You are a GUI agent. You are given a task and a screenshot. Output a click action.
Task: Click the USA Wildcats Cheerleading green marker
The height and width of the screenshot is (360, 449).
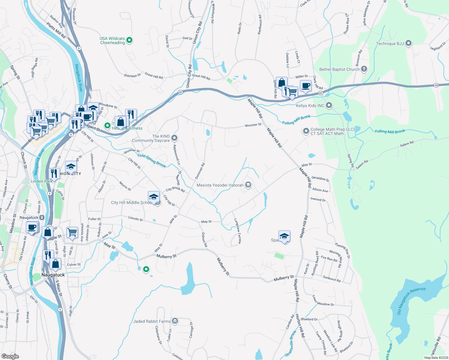(129, 40)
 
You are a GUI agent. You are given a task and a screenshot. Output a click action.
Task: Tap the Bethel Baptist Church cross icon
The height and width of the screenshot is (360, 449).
(364, 69)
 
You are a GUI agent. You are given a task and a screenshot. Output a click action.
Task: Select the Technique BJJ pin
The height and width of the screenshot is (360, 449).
(408, 43)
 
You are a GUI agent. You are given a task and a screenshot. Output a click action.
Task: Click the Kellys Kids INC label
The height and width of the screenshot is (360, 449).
(310, 106)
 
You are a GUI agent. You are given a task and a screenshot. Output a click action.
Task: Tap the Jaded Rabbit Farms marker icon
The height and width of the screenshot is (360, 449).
(175, 321)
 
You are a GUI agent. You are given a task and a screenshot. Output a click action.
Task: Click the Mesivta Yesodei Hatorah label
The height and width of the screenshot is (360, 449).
(220, 185)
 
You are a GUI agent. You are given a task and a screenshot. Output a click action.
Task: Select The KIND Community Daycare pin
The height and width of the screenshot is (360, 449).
(174, 138)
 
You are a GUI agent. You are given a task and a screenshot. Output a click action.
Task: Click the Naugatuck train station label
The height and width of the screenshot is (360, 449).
(29, 217)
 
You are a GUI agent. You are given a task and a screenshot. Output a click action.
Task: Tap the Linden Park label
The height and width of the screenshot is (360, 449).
(41, 181)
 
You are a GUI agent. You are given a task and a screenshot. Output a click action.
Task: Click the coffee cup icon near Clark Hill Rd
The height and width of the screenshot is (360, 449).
(306, 86)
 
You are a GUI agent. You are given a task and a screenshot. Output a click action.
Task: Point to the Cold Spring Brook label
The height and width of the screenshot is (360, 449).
(152, 160)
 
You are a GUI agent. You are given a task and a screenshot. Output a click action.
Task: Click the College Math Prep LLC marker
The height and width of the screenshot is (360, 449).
(306, 131)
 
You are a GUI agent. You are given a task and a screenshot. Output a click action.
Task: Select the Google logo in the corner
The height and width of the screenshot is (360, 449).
(10, 356)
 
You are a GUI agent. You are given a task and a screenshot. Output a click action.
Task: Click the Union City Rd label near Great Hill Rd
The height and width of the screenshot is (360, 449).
(189, 76)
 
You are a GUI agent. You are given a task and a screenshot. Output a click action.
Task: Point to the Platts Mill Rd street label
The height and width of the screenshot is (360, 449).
(56, 30)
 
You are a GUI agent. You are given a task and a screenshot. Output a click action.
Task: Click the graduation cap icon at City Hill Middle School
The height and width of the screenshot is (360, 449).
(154, 197)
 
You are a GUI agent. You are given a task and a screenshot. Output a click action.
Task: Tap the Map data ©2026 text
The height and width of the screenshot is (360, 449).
(435, 358)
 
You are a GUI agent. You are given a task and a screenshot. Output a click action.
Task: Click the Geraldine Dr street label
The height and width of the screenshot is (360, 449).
(320, 178)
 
